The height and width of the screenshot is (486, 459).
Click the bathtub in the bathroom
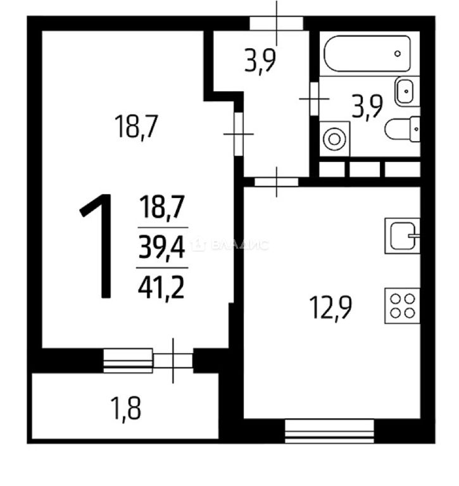367,54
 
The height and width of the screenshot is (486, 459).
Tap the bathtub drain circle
398,54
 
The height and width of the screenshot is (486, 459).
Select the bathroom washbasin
407,91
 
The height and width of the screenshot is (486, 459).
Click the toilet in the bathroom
403,128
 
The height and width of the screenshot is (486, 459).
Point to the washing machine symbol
334,139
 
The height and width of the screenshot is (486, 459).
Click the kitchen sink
402,236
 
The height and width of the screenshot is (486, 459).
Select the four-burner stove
402,306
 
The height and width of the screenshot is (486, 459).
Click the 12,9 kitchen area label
330,307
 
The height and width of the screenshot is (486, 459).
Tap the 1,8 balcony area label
126,409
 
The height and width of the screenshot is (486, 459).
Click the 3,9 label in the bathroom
367,106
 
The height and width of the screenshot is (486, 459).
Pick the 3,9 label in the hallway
260,61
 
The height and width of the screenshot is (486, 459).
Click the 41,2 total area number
161,288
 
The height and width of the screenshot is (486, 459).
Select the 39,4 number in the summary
161,247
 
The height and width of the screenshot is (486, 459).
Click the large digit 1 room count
96,246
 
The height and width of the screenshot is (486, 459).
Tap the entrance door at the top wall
276,23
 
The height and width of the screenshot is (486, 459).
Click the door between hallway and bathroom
314,99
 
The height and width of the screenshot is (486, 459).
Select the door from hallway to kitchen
276,182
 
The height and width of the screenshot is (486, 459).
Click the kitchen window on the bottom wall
329,431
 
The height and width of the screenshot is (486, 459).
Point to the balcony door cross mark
173,361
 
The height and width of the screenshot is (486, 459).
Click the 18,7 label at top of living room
137,126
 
